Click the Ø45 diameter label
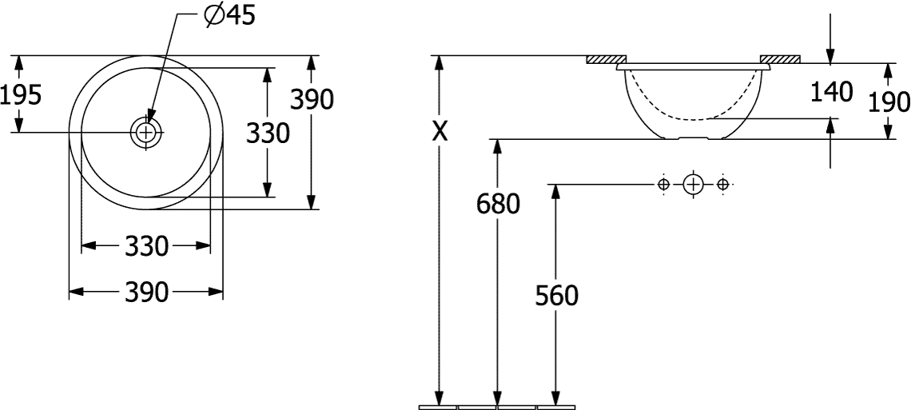pyautogui.click(x=230, y=17)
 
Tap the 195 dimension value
pyautogui.click(x=21, y=94)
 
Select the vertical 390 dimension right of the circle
pyautogui.click(x=312, y=100)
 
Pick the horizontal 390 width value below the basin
pyautogui.click(x=146, y=292)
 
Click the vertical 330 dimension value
pyautogui.click(x=268, y=133)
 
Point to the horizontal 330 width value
pyautogui.click(x=146, y=246)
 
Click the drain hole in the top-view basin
pyautogui.click(x=145, y=133)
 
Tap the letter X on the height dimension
pyautogui.click(x=440, y=133)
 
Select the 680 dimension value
pyautogui.click(x=498, y=204)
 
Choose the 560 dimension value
pyautogui.click(x=557, y=297)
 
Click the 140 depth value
pyautogui.click(x=831, y=93)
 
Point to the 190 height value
pyautogui.click(x=889, y=103)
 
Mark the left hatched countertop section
pyautogui.click(x=606, y=59)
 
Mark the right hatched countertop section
pyautogui.click(x=780, y=59)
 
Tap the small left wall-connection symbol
pyautogui.click(x=663, y=185)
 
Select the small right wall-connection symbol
pyautogui.click(x=722, y=185)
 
